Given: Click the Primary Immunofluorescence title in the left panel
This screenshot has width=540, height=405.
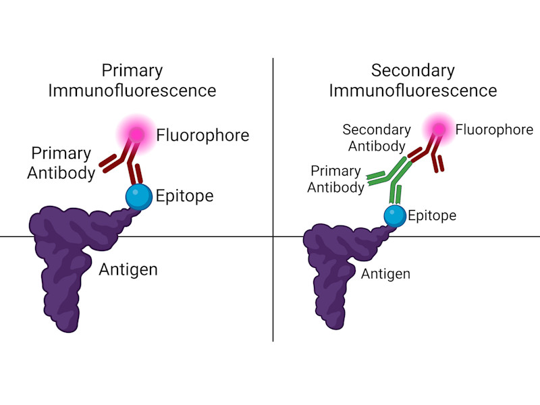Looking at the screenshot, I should point(132,80).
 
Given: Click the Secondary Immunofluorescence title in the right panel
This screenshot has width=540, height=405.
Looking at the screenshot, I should point(413,80).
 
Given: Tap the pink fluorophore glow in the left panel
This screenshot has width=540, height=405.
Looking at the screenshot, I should point(137,134).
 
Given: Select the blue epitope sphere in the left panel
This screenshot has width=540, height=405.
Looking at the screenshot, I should point(139,196).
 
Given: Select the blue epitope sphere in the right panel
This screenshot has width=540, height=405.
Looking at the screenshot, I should point(396,215).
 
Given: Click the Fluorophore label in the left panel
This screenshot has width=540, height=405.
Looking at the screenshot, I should point(202,135).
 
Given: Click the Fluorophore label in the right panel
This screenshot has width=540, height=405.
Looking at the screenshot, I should point(494,130).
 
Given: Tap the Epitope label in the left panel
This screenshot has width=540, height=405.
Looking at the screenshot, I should point(184,196).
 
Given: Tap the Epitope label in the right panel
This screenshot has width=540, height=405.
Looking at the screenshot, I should point(433,216).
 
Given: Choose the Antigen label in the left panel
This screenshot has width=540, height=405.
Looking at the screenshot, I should point(128,270).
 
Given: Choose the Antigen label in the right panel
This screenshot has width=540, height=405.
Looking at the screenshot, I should point(385,274).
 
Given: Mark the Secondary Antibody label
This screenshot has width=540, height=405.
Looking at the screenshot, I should point(377,137).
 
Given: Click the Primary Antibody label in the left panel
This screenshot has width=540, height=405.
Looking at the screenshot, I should point(61,163).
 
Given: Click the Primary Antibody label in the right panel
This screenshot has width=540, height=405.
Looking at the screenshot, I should point(336,180).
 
